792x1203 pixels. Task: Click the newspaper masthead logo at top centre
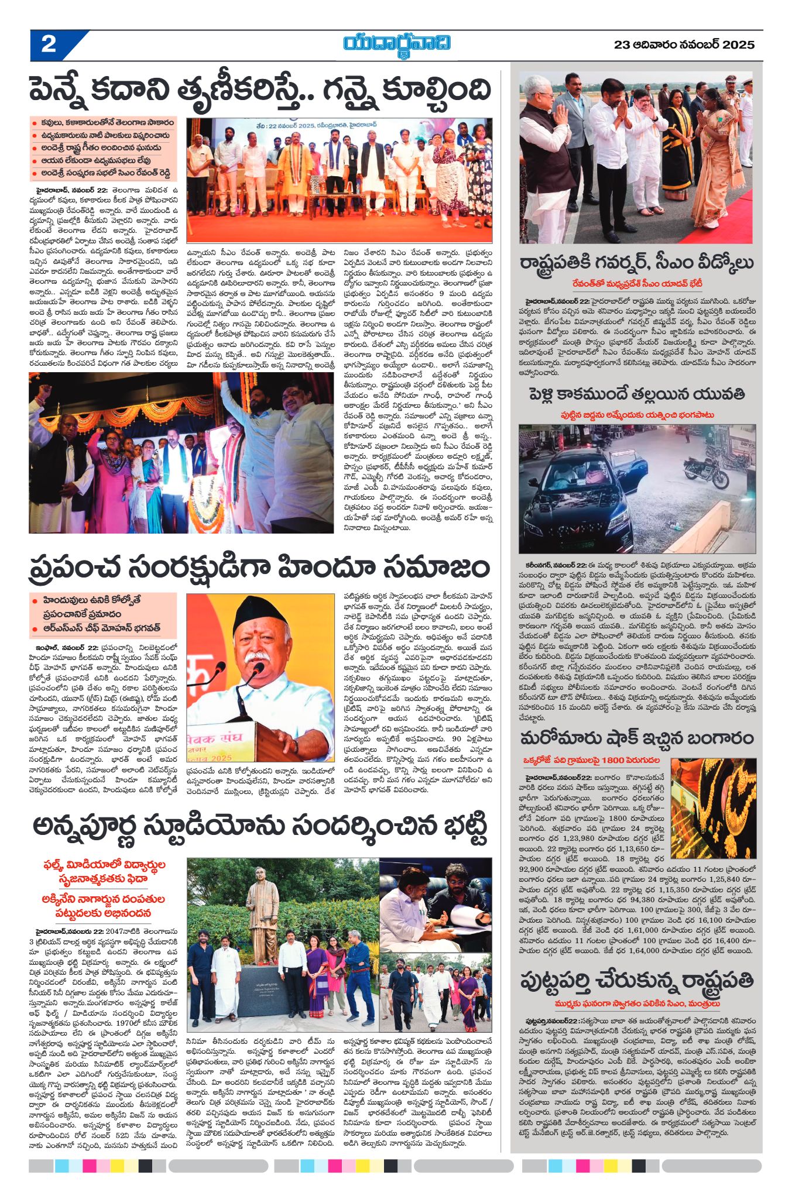coord(397,44)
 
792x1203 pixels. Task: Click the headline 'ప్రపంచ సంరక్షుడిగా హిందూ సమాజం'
coord(260,568)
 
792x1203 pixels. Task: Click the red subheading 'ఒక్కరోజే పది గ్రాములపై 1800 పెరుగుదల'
coord(591,760)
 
